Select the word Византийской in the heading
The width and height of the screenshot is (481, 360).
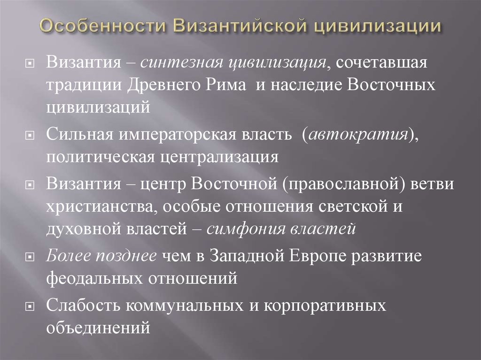tap(240, 25)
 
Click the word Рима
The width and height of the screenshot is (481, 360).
tap(225, 85)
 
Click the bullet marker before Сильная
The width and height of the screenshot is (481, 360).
tap(30, 135)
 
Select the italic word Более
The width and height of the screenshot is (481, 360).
tap(68, 256)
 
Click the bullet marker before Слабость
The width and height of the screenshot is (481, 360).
tap(30, 306)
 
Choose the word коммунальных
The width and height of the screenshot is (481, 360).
tap(184, 306)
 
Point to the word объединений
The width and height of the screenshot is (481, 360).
tap(98, 328)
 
